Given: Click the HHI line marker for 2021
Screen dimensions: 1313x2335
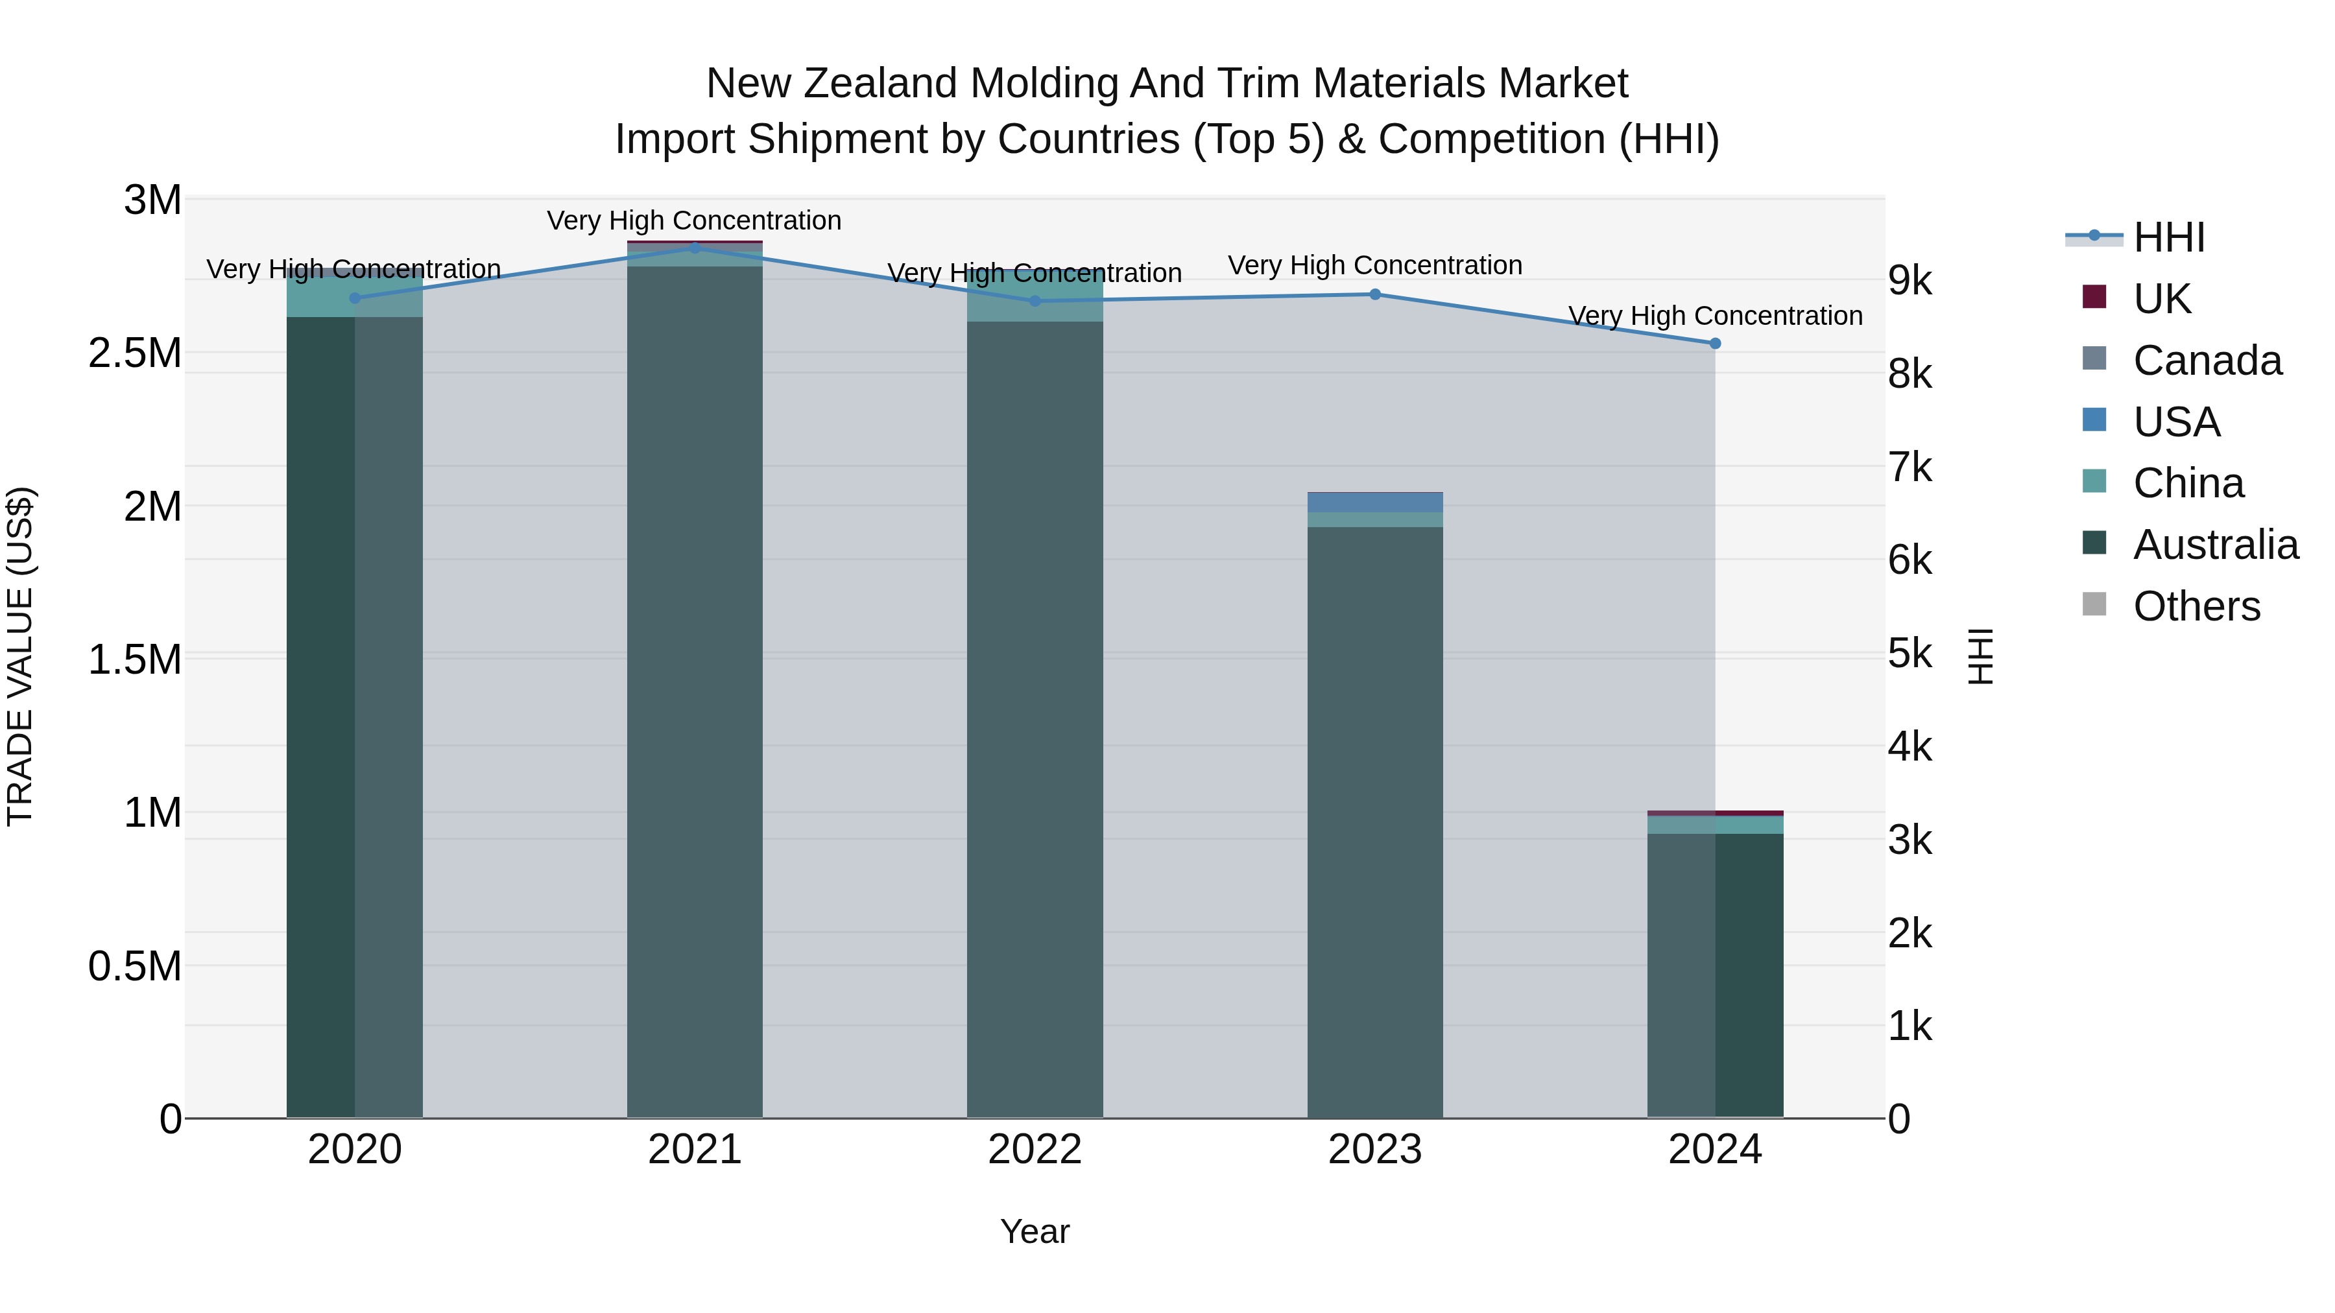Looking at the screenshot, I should pyautogui.click(x=694, y=248).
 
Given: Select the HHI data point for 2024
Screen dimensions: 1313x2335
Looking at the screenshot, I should pyautogui.click(x=1714, y=344).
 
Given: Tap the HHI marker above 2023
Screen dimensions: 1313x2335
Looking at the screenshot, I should pyautogui.click(x=1374, y=294).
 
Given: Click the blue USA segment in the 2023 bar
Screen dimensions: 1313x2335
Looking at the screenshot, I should pyautogui.click(x=1374, y=503).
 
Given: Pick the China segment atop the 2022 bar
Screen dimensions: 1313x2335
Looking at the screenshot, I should pyautogui.click(x=1035, y=296).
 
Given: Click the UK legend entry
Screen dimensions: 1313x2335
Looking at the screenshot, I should pyautogui.click(x=2161, y=299).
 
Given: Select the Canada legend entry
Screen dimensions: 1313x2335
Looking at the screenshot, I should pyautogui.click(x=2207, y=361).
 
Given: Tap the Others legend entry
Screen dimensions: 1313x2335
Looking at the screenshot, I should pyautogui.click(x=2196, y=606).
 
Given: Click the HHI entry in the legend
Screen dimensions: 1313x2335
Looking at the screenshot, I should pyautogui.click(x=2168, y=237).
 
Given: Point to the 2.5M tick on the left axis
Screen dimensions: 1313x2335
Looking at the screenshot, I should pyautogui.click(x=135, y=353).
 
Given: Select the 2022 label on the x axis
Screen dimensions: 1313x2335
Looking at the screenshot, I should pyautogui.click(x=1035, y=1150).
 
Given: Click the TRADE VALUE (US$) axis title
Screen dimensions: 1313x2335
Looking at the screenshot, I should pyautogui.click(x=20, y=656).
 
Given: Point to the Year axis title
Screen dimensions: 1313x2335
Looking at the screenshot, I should pyautogui.click(x=1035, y=1231).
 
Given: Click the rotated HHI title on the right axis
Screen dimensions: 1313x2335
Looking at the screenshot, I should pyautogui.click(x=1981, y=656).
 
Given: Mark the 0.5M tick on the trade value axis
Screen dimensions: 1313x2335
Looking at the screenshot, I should pyautogui.click(x=135, y=966).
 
